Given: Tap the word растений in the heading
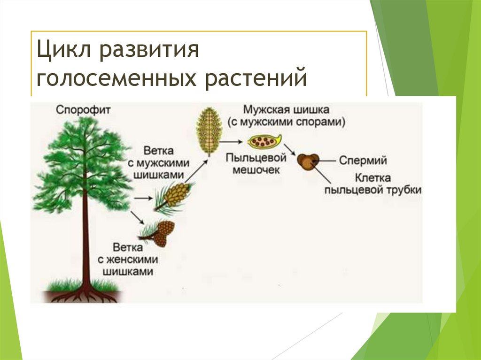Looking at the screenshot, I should [x=256, y=77].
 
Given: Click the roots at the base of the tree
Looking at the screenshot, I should [x=85, y=296].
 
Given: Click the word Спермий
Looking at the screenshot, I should [x=364, y=161].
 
